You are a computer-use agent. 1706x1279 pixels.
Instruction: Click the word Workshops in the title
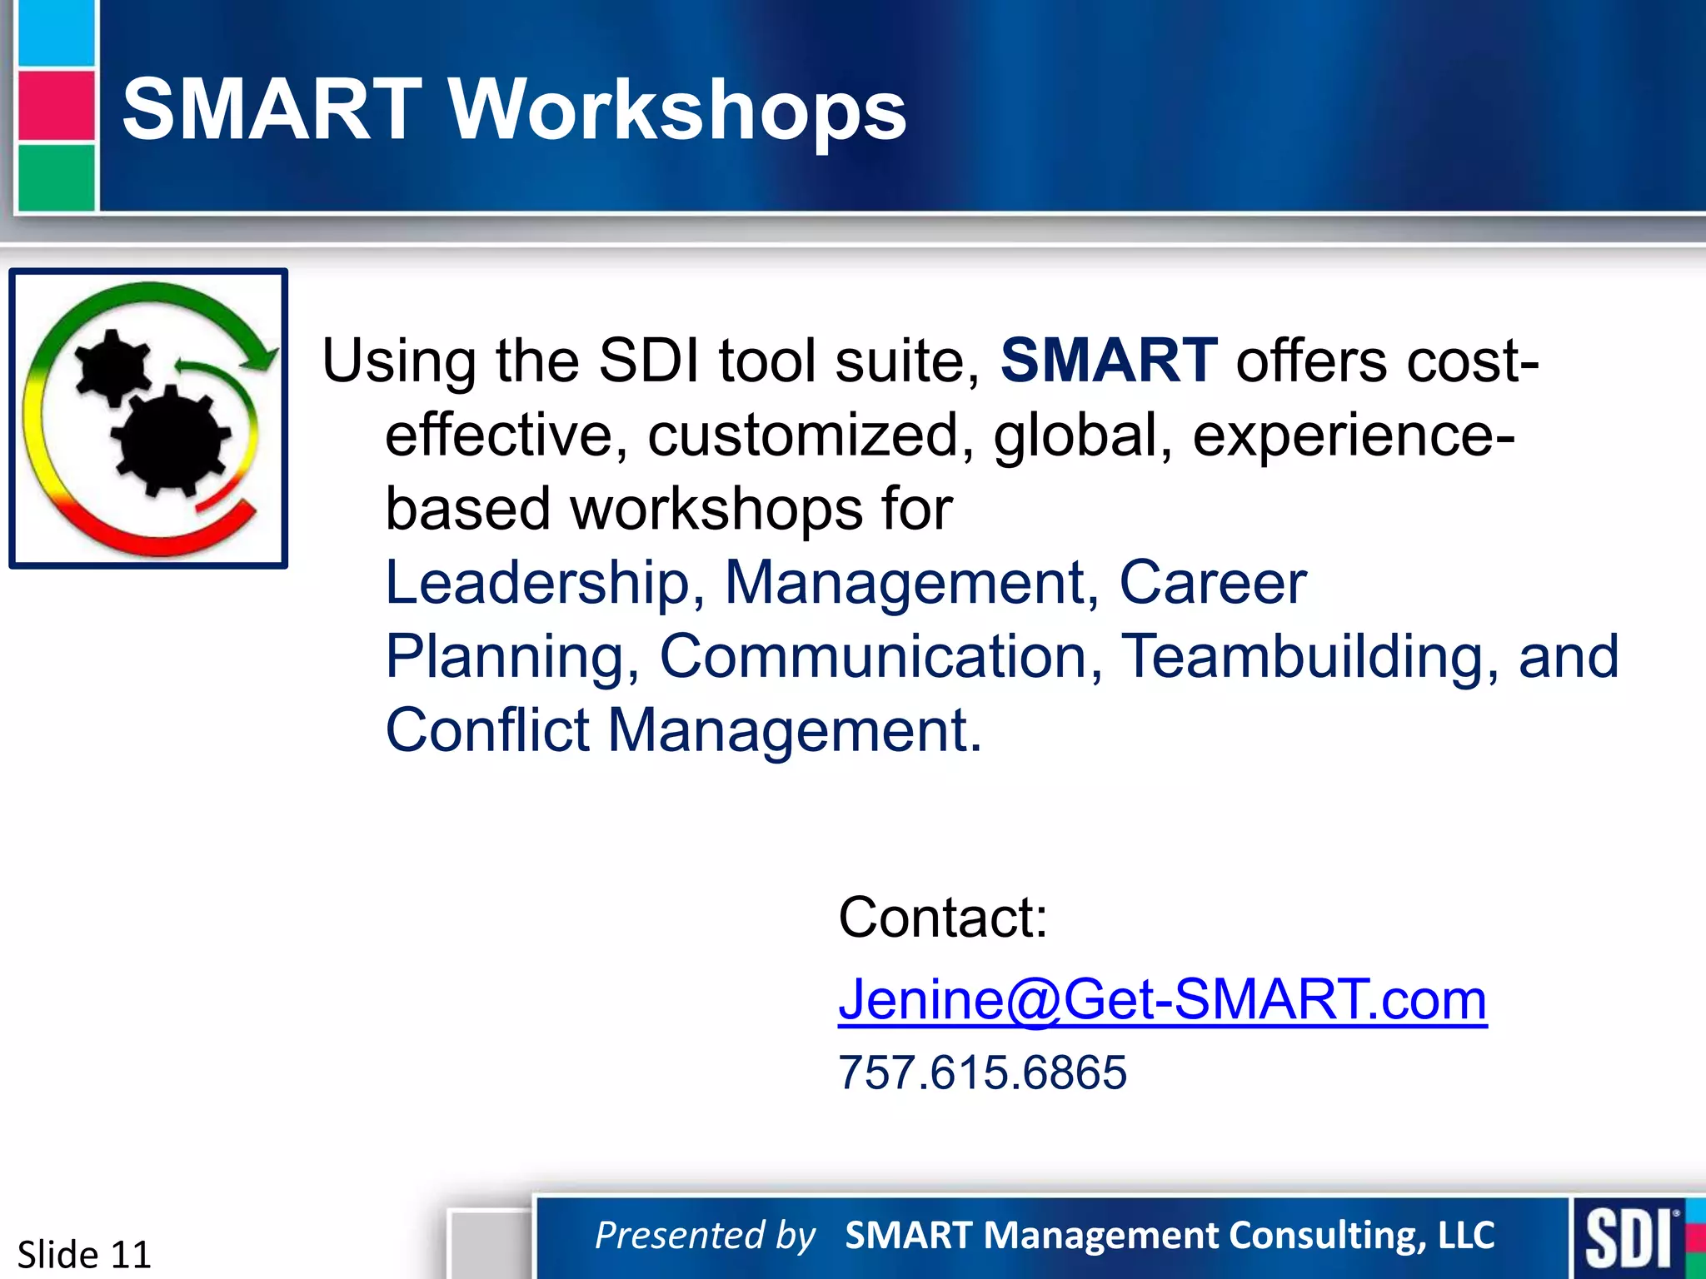678,111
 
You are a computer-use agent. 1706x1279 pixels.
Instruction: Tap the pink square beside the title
56,105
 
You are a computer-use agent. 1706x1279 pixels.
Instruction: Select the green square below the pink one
56,177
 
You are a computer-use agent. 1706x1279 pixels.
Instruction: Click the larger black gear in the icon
170,441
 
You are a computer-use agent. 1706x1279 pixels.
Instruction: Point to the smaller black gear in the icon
112,366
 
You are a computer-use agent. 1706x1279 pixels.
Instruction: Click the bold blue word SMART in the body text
1108,361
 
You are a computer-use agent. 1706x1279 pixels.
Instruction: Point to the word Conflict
487,729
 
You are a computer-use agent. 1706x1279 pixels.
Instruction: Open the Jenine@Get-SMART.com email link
1162,998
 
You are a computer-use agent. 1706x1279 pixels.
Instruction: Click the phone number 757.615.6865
982,1072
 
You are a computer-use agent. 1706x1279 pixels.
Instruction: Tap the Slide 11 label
84,1253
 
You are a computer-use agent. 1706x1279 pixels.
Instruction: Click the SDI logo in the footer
1629,1238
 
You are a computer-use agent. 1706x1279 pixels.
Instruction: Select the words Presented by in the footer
705,1235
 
